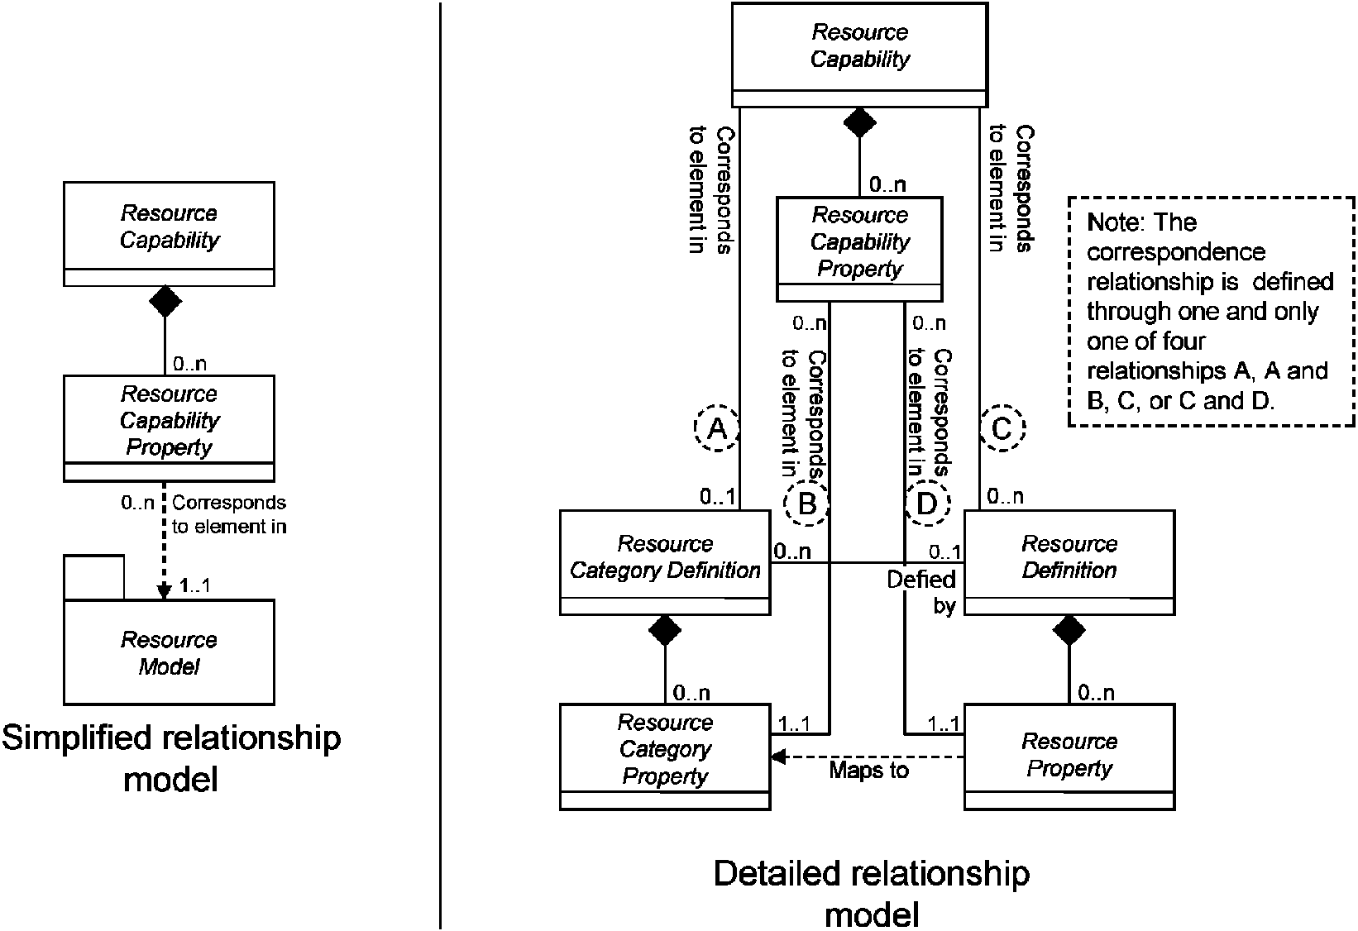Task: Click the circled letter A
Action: point(717,428)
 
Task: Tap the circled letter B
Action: point(807,503)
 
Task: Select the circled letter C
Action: point(1002,428)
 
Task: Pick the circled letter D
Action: point(928,503)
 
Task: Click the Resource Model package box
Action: point(170,652)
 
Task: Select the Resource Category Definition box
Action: point(665,562)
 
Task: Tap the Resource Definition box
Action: point(1069,562)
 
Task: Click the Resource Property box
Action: point(1069,757)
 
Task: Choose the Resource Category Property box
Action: point(665,757)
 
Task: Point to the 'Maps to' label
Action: point(868,771)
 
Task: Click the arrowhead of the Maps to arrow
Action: point(778,757)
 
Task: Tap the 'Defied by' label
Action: point(921,592)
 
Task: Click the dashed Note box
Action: point(1211,312)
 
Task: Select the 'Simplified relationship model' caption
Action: point(171,758)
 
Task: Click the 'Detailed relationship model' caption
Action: point(872,894)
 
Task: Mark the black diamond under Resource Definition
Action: point(1069,631)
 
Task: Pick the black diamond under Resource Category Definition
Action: point(665,631)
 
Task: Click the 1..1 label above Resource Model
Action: point(195,585)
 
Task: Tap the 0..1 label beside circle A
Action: point(717,497)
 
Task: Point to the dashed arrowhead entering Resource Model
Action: point(164,591)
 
